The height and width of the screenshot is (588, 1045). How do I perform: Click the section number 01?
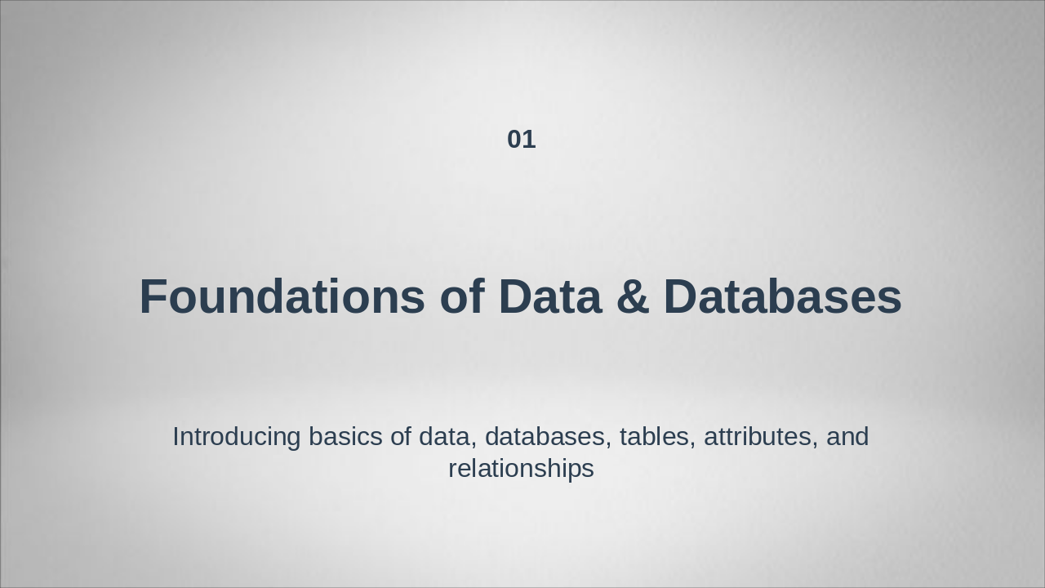(521, 140)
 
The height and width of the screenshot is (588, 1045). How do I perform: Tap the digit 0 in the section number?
(514, 140)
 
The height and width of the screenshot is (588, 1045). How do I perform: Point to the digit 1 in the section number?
(530, 140)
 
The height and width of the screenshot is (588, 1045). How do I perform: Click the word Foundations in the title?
(282, 296)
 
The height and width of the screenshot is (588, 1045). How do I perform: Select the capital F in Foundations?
(153, 296)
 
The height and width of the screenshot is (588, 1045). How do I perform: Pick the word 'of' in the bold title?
(462, 296)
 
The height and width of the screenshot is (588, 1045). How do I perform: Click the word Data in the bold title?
(550, 296)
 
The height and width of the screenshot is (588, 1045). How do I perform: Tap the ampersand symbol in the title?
(633, 296)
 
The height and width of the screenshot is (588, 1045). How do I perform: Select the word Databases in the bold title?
(782, 296)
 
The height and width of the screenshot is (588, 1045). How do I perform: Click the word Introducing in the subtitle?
(237, 438)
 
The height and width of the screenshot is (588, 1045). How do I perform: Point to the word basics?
(345, 437)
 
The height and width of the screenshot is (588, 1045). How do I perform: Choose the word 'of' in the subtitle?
(401, 437)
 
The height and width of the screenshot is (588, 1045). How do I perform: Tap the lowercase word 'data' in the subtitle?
(446, 437)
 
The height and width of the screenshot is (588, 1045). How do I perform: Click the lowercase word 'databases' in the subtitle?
(545, 437)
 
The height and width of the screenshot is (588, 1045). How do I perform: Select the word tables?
(654, 437)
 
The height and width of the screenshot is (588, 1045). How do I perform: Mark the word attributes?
(758, 437)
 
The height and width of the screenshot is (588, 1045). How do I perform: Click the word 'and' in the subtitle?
(847, 437)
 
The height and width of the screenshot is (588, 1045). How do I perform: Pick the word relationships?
(521, 469)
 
